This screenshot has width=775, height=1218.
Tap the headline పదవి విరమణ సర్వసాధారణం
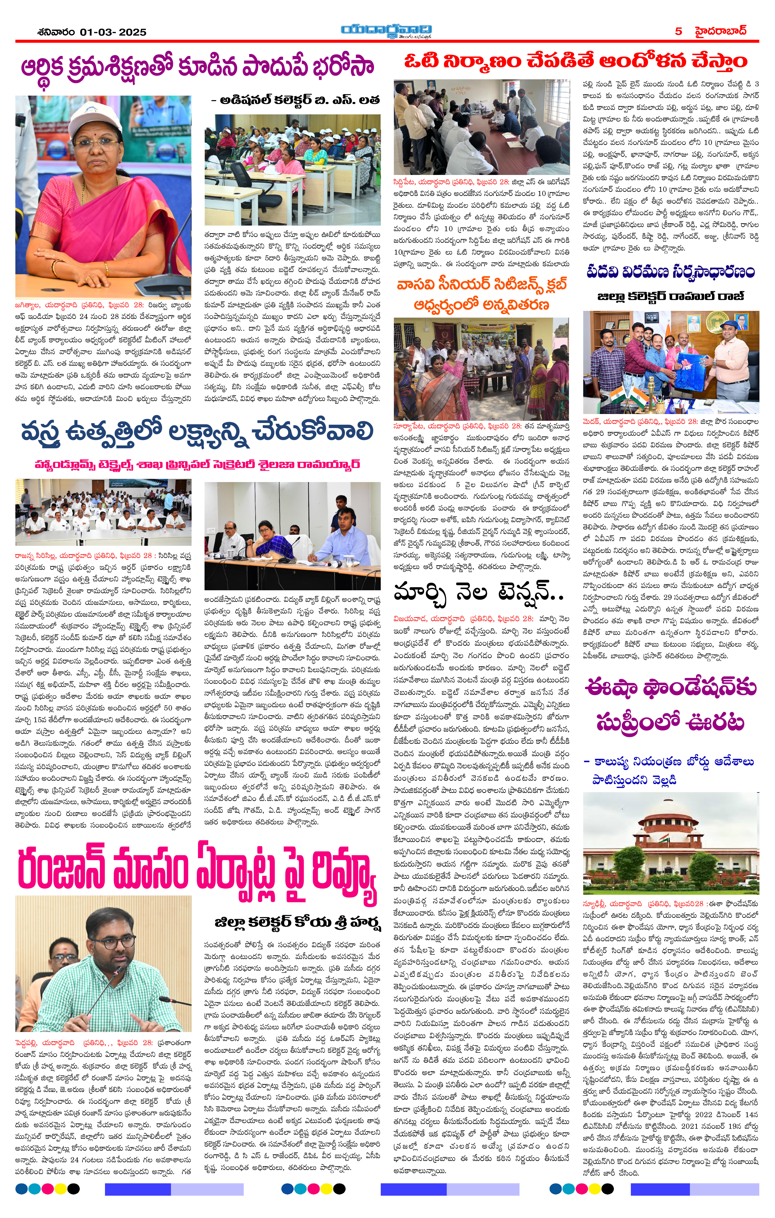pos(670,272)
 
